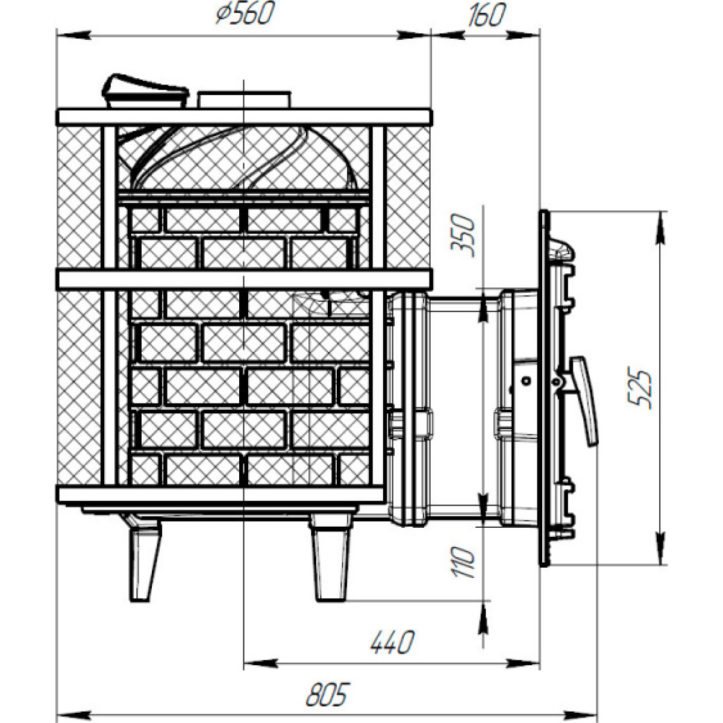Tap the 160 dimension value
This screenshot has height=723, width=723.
click(486, 15)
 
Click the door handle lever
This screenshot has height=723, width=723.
click(583, 401)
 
